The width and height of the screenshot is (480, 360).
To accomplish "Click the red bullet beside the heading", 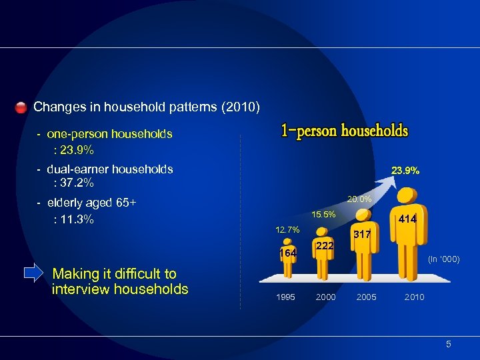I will pyautogui.click(x=21, y=107).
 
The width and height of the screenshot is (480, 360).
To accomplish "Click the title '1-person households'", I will pyautogui.click(x=344, y=131).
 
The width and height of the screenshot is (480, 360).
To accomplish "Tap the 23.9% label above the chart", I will pyautogui.click(x=405, y=171).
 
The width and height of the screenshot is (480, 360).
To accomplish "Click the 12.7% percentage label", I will pyautogui.click(x=287, y=230).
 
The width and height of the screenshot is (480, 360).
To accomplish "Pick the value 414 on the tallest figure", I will pyautogui.click(x=407, y=219).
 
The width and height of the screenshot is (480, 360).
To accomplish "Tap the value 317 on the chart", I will pyautogui.click(x=362, y=235).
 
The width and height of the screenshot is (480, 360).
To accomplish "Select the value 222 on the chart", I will pyautogui.click(x=325, y=246).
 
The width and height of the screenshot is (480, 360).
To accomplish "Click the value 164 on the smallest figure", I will pyautogui.click(x=287, y=254).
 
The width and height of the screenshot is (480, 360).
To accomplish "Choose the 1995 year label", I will pyautogui.click(x=285, y=297).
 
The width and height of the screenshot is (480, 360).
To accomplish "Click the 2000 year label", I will pyautogui.click(x=325, y=297).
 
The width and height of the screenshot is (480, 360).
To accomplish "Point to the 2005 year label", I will pyautogui.click(x=366, y=297).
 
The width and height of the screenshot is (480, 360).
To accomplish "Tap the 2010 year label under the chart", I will pyautogui.click(x=413, y=297).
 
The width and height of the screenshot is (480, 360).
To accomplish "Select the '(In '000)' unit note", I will pyautogui.click(x=443, y=259).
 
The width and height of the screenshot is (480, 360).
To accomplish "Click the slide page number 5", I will pyautogui.click(x=449, y=344).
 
